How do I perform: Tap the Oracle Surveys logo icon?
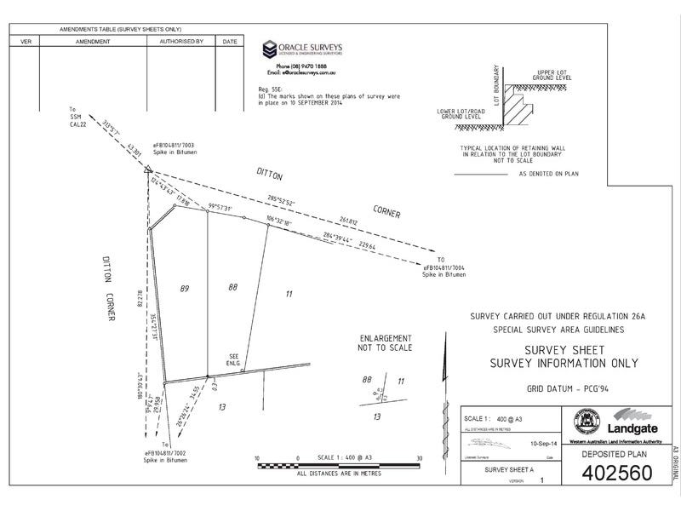[269, 49]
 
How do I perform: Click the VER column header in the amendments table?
[25, 40]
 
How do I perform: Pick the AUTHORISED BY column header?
[181, 40]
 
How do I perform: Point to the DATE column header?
[229, 40]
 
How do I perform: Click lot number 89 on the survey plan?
[185, 290]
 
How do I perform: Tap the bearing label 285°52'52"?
[280, 201]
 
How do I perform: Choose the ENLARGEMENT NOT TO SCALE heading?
[386, 342]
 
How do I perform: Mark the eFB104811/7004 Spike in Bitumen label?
[449, 269]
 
